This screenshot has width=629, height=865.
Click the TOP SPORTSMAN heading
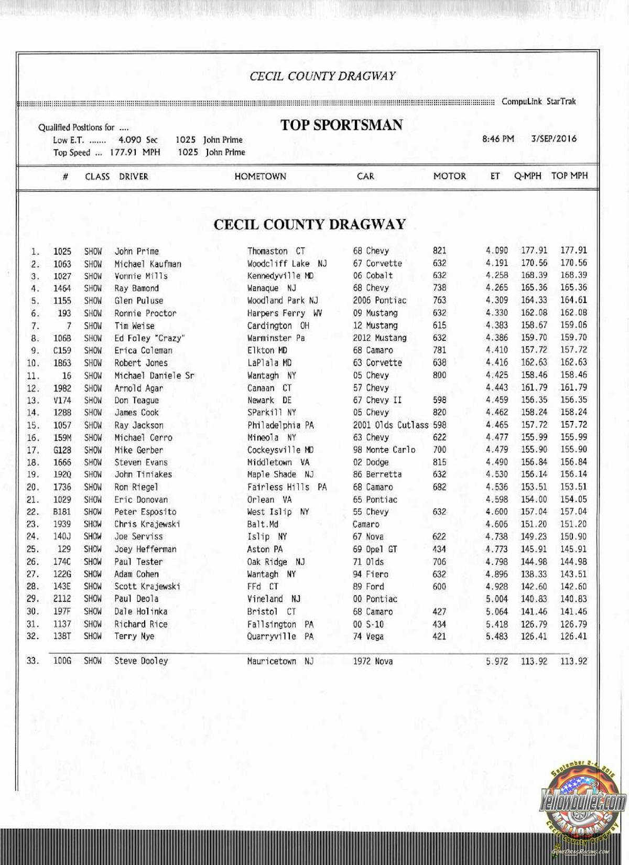(341, 125)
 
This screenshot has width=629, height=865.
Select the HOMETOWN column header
(260, 177)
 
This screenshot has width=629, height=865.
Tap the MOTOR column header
(449, 176)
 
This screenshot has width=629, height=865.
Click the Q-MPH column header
(527, 176)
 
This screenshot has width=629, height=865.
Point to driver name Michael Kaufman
(148, 264)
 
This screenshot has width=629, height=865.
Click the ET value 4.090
(496, 251)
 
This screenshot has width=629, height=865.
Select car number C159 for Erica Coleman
(62, 350)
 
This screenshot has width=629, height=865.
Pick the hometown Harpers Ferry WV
(285, 313)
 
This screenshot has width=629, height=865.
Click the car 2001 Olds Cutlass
(391, 425)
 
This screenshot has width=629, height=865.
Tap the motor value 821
(439, 251)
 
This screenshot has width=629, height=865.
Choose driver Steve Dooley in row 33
(141, 661)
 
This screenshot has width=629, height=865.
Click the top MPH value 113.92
(573, 661)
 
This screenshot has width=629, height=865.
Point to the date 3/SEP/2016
(554, 139)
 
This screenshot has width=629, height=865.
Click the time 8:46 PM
(498, 139)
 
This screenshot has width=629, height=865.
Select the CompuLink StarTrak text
(538, 102)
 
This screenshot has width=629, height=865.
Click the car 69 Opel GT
(375, 549)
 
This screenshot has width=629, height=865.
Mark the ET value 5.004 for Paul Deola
(496, 599)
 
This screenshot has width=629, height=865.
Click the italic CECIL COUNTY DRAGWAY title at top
(322, 77)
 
